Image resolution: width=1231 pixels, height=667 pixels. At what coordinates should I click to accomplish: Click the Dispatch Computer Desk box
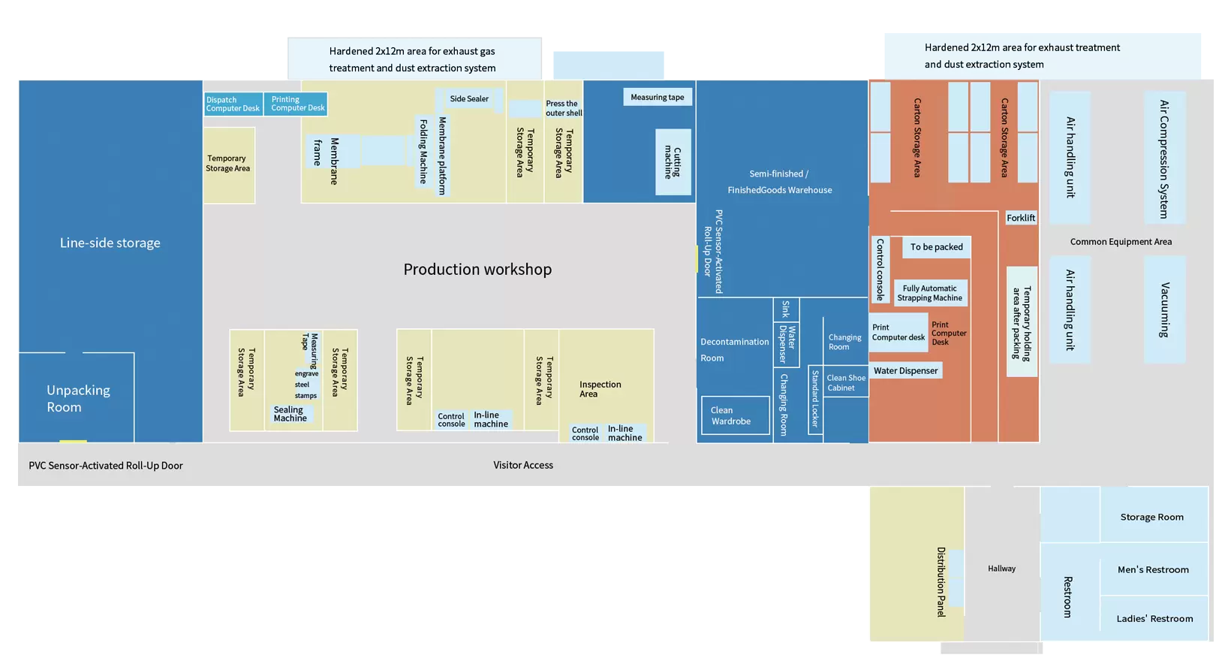(233, 104)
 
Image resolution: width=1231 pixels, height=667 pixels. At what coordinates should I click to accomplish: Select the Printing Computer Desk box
(296, 104)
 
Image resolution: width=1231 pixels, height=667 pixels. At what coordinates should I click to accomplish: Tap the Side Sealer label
(469, 98)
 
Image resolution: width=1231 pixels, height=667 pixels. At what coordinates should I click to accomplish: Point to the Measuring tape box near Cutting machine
(658, 97)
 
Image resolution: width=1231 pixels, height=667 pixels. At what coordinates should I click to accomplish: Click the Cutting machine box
(673, 162)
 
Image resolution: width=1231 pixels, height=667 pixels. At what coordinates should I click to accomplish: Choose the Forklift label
(1021, 218)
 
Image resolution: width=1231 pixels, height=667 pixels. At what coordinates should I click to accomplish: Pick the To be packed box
(936, 247)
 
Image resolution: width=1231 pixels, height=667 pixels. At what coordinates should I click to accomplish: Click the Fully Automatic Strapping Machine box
(930, 293)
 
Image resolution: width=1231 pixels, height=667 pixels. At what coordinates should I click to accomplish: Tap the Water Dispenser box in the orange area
(906, 370)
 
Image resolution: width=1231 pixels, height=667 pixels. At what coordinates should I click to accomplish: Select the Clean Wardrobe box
(735, 415)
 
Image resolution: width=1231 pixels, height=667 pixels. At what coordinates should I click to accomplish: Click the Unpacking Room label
(78, 398)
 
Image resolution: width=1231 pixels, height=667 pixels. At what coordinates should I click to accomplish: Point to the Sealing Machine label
(290, 414)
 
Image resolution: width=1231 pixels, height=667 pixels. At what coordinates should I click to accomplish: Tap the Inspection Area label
(600, 389)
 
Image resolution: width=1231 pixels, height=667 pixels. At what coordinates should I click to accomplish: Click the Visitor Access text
(523, 465)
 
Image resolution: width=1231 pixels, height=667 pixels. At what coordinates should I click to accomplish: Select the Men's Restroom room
(1154, 569)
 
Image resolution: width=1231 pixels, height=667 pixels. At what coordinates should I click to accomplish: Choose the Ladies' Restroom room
(1154, 619)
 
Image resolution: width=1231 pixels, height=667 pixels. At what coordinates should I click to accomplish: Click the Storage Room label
(1152, 517)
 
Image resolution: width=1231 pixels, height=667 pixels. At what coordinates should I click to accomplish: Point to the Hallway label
(1001, 569)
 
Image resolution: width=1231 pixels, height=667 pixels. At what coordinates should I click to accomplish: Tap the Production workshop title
(477, 269)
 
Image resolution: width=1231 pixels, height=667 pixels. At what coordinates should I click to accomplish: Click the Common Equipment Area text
(1121, 242)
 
